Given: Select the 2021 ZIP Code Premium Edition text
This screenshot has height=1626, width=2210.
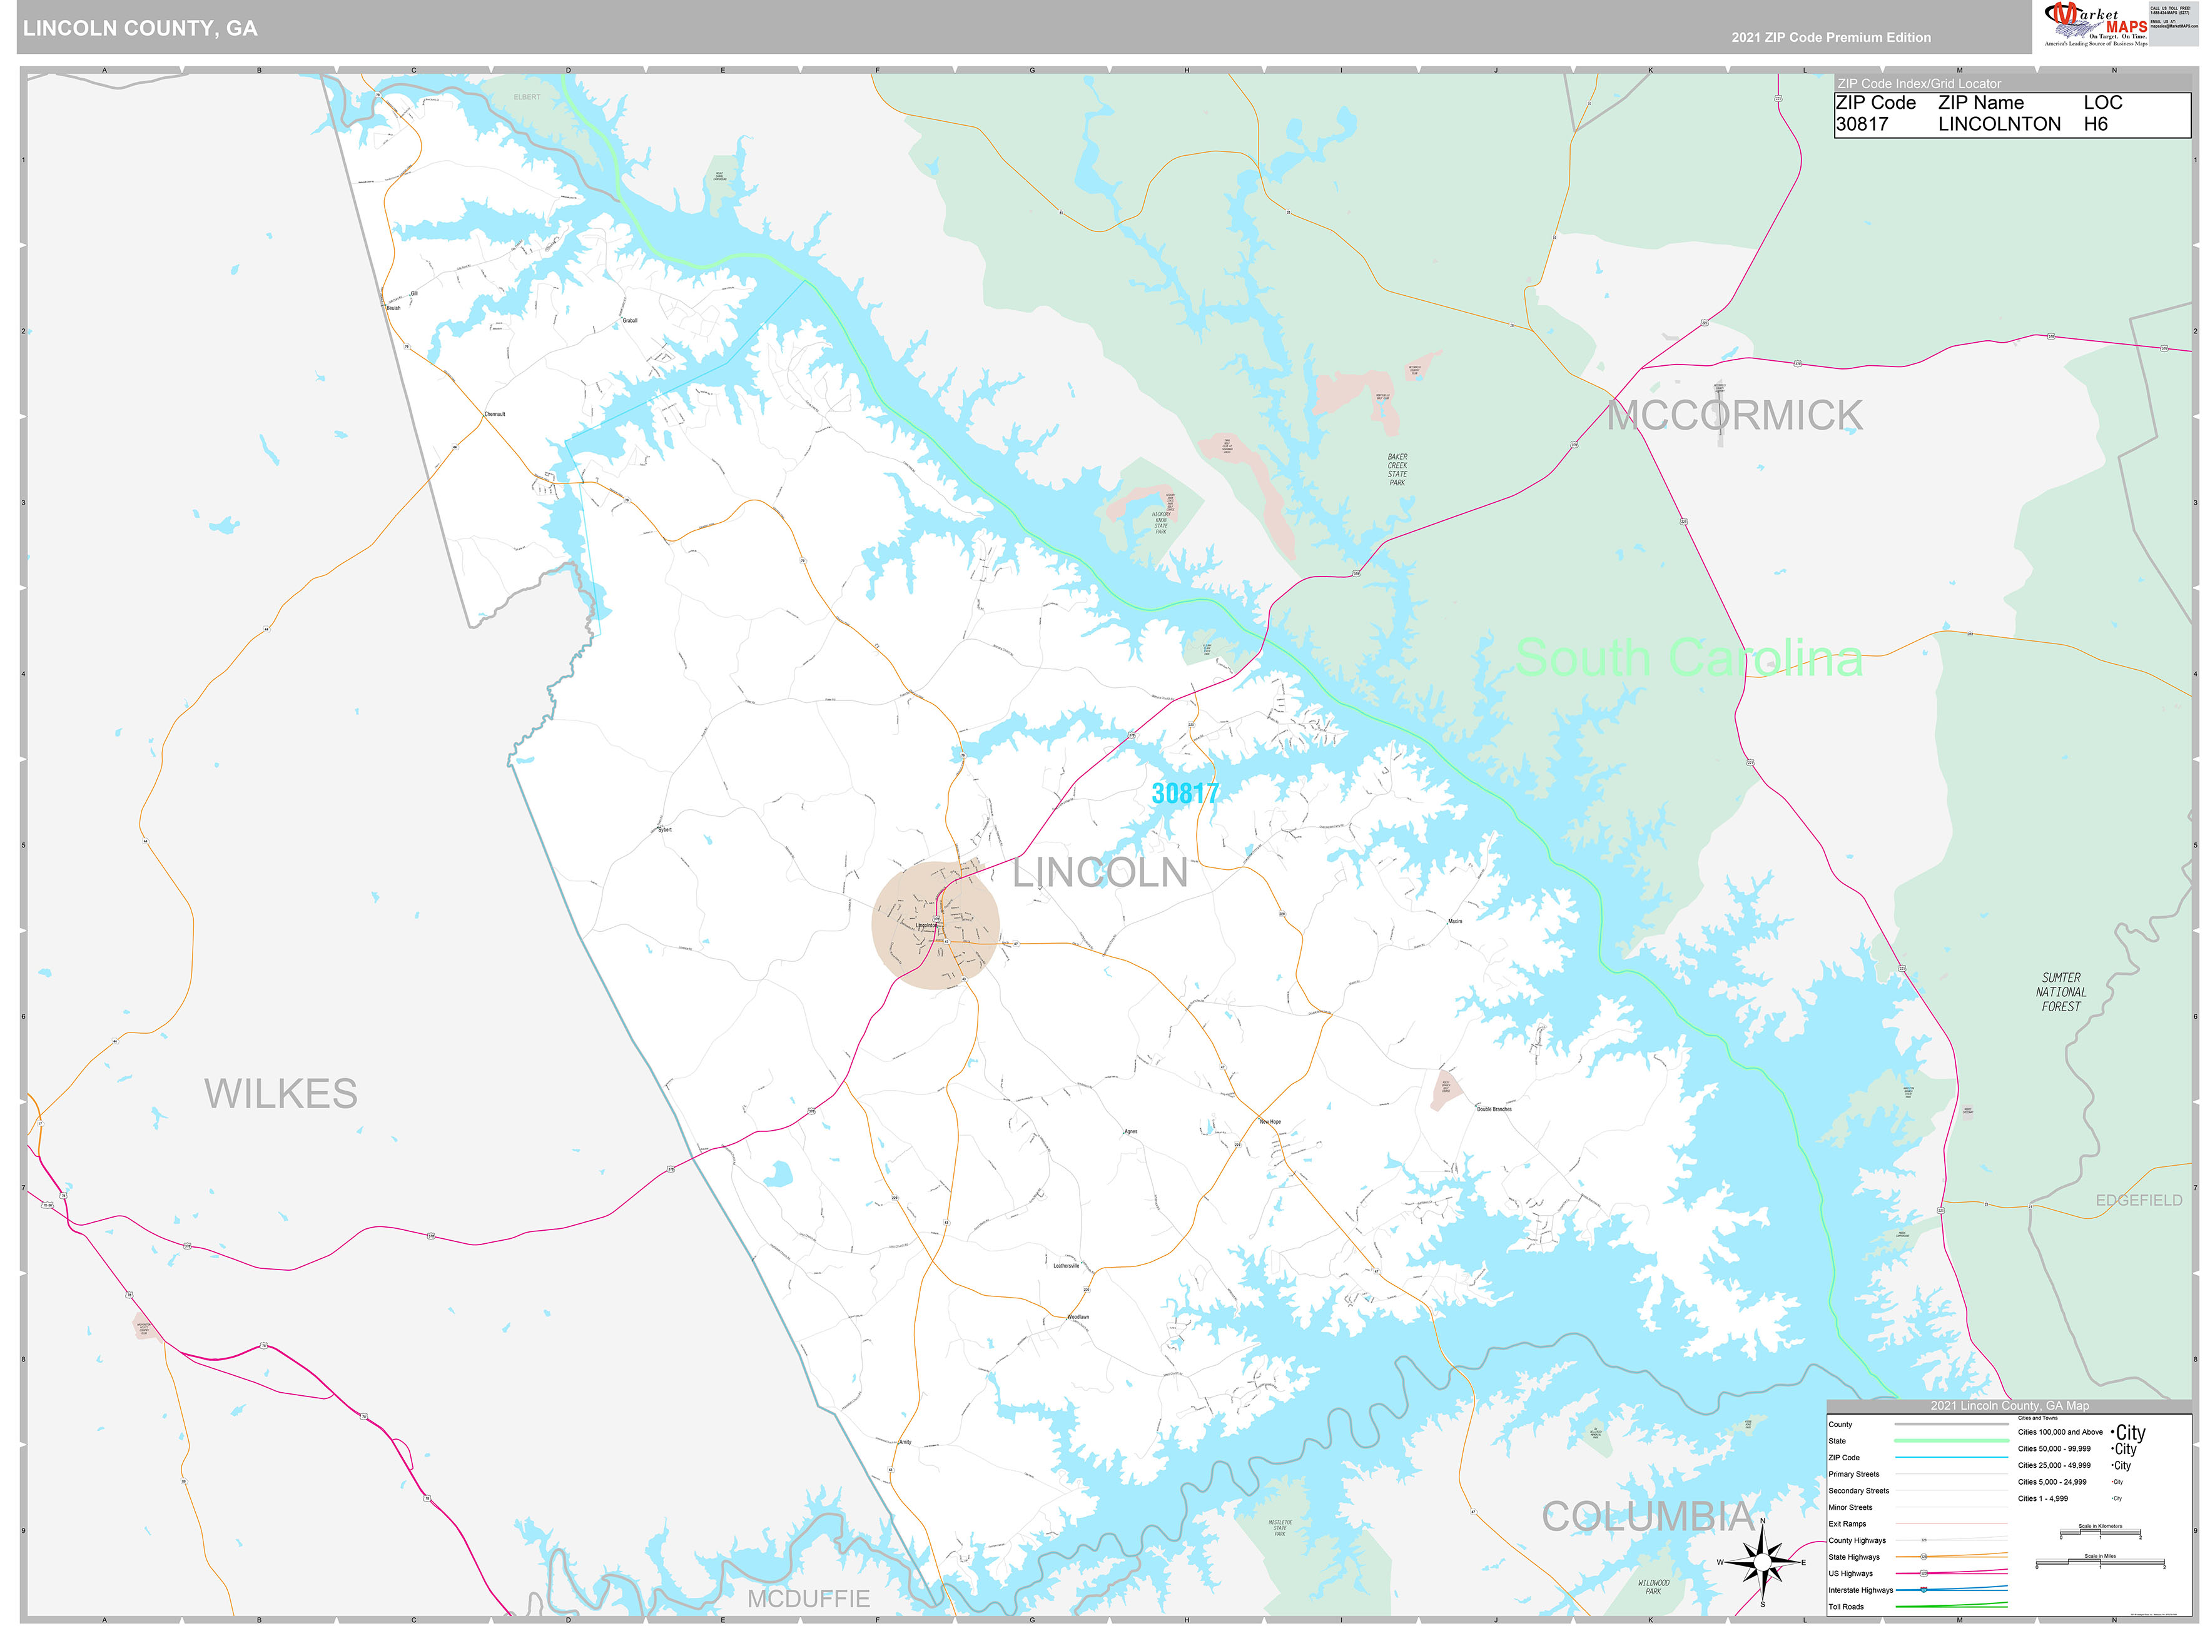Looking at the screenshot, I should (1830, 38).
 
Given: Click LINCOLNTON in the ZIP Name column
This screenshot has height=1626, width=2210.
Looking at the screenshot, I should (1999, 124).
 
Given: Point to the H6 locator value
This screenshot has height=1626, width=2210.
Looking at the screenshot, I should (2095, 124).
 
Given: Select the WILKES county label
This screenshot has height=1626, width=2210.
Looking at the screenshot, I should (281, 1094).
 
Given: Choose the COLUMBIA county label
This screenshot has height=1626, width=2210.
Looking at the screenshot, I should (1648, 1517).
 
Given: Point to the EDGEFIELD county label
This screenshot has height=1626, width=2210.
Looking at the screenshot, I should (2138, 1201).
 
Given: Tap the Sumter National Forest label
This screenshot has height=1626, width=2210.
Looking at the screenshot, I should (2060, 992).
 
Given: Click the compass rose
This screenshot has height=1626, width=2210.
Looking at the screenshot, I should (1762, 1562).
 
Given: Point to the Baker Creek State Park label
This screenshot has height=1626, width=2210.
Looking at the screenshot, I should (1397, 470).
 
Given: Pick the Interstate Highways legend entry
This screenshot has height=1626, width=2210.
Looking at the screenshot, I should (1860, 1590).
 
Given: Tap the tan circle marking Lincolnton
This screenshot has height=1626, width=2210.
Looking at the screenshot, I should (935, 925).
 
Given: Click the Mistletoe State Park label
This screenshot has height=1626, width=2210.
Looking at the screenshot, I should (1280, 1528).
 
